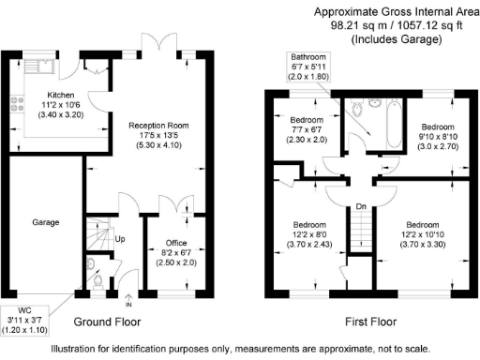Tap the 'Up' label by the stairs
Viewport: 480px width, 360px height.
121,238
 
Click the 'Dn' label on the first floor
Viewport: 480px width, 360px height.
360,207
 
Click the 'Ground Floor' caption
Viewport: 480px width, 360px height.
107,322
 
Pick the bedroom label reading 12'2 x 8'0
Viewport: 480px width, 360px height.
309,235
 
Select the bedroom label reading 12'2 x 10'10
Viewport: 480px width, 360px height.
423,235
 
